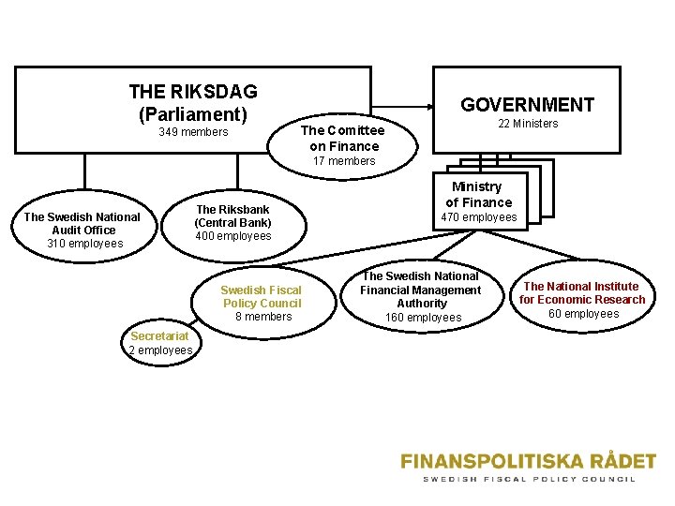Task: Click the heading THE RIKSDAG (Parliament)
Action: click(193, 103)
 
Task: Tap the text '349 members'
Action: click(193, 132)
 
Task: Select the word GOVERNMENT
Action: click(527, 105)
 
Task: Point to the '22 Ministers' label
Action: click(528, 124)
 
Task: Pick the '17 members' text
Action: click(344, 161)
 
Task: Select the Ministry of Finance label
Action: click(478, 194)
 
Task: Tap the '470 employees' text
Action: click(478, 217)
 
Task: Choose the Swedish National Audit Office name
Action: click(82, 223)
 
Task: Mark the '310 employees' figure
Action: click(84, 244)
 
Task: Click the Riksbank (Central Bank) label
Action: click(232, 216)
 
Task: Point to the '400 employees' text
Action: click(232, 236)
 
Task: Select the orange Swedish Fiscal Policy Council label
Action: click(262, 296)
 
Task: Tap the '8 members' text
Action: click(262, 317)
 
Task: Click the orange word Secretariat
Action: click(160, 336)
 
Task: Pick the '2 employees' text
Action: click(160, 350)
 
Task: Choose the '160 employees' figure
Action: click(422, 318)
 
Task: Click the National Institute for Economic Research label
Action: click(583, 292)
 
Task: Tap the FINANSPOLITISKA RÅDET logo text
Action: click(529, 461)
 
